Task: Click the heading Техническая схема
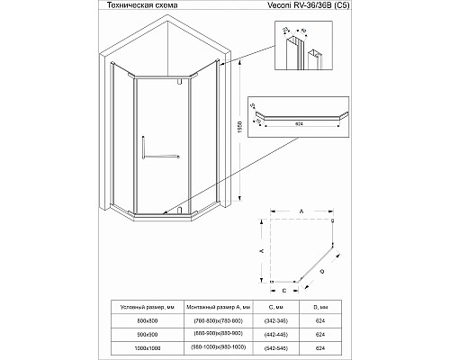click(x=136, y=6)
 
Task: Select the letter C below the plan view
click(x=284, y=290)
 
